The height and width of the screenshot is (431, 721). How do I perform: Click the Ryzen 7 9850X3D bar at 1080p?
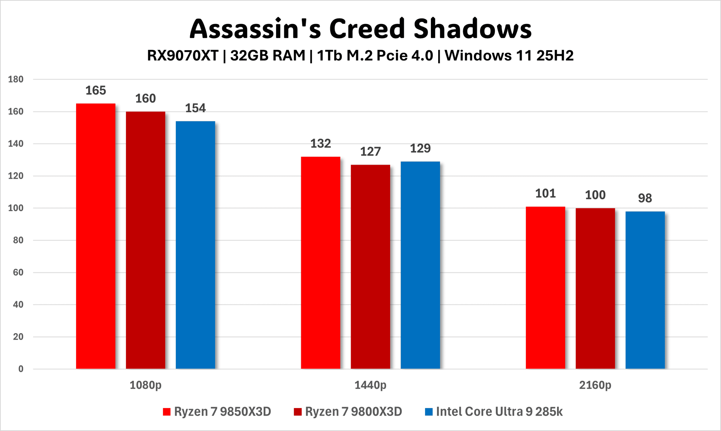coord(96,236)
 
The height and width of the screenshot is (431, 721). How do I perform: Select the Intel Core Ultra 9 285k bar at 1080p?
coord(195,245)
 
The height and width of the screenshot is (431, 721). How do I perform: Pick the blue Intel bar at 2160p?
coord(645,290)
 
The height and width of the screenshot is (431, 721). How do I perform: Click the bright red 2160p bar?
coord(545,287)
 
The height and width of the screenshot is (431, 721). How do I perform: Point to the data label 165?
coord(96,91)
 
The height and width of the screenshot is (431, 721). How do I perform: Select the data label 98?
coord(645,198)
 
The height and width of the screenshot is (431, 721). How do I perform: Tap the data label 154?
coord(195,108)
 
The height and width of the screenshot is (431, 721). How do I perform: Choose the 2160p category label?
coord(595,385)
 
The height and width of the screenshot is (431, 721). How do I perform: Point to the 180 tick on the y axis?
coord(16,79)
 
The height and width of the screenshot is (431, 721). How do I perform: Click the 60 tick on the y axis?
coord(18,272)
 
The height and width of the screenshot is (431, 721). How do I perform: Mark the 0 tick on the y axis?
coord(21,369)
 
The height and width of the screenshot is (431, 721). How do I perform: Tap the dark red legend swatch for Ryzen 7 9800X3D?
coord(297,412)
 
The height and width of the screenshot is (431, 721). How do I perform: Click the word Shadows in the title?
coord(473,29)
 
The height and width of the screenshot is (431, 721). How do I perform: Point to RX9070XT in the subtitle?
coord(183,56)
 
